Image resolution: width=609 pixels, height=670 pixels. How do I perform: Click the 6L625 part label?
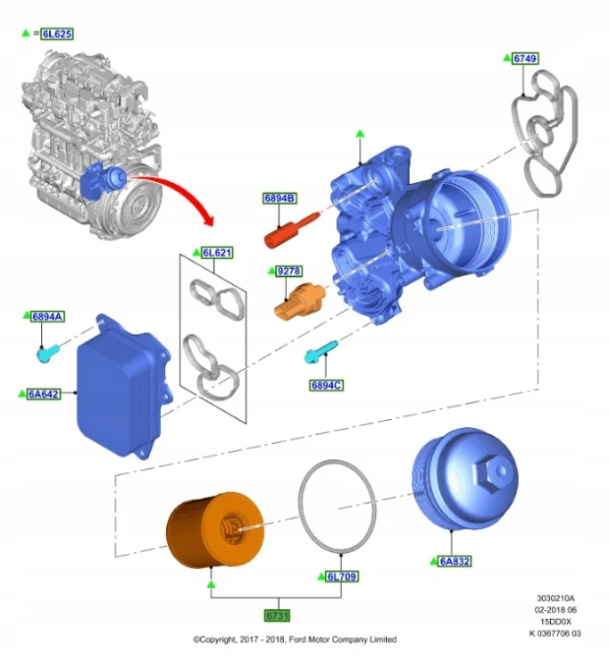57,34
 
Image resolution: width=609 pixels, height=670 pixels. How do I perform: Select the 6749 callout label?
525,58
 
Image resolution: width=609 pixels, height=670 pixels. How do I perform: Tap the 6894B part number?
279,198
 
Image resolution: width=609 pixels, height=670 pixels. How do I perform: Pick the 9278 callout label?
288,271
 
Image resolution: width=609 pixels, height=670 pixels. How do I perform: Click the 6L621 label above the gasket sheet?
217,253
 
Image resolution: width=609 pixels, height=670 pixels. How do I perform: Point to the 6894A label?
48,316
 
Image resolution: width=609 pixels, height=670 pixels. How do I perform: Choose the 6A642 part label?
44,394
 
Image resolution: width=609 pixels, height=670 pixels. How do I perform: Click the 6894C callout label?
326,385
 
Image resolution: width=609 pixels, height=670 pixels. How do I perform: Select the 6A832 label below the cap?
455,561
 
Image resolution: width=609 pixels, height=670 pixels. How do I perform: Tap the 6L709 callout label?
342,577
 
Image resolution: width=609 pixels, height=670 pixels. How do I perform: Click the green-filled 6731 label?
277,616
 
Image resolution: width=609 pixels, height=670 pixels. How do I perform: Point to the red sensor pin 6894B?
291,230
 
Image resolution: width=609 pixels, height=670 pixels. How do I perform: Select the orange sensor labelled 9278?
300,301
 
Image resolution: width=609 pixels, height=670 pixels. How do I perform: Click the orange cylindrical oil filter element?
215,531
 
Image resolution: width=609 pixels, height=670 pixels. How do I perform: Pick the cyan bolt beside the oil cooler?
48,354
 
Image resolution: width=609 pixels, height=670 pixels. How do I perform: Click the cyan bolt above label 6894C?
321,352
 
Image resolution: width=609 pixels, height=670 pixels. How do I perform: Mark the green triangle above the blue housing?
361,134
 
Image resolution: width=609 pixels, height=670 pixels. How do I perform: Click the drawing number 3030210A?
555,599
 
